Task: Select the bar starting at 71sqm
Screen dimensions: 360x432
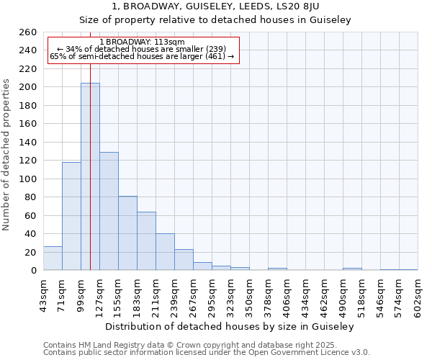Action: coord(71,216)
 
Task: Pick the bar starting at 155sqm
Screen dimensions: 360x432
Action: coord(127,233)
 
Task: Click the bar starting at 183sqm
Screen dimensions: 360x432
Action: coord(146,241)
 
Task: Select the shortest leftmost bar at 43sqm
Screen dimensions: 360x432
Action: coord(53,258)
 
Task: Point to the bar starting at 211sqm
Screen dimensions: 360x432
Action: coord(165,252)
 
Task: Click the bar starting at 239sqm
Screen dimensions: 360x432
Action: coord(184,260)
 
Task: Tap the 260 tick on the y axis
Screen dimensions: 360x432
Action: coord(28,32)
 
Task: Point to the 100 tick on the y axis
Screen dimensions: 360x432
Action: coord(28,179)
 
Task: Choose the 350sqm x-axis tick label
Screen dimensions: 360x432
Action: coord(249,295)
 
